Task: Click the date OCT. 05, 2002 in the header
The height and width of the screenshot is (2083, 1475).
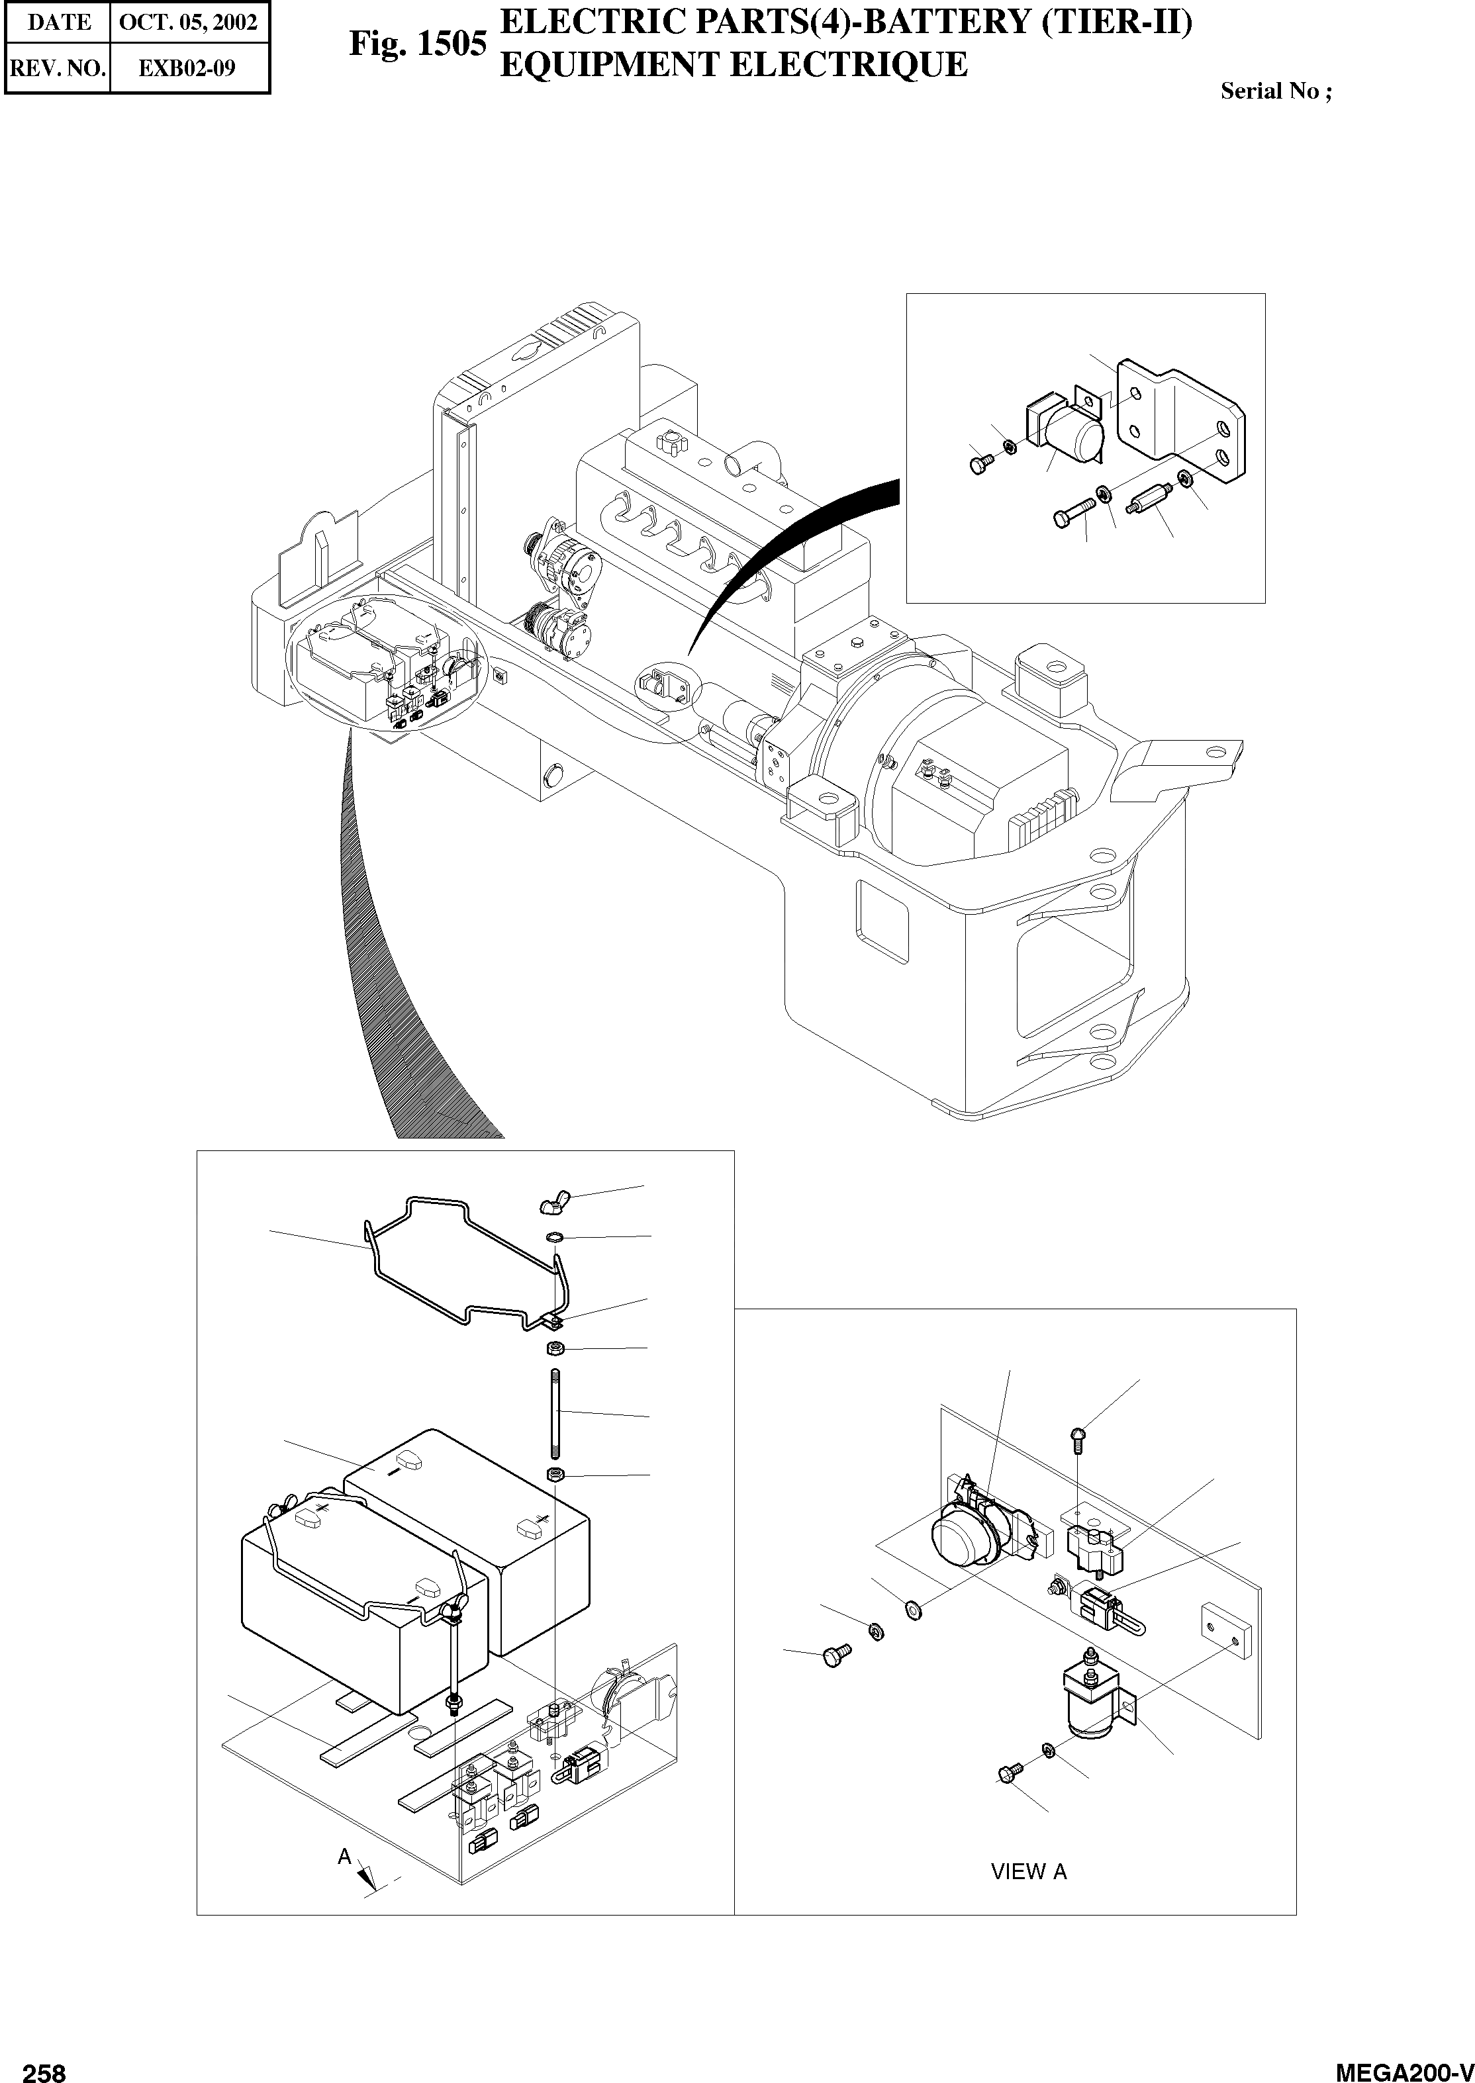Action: tap(189, 23)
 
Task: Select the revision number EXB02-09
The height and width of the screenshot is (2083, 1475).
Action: tap(187, 68)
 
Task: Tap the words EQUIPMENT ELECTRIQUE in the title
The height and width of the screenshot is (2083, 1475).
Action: tap(734, 66)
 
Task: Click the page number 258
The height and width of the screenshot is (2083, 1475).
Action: tap(44, 2066)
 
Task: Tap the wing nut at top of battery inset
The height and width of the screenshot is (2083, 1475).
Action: tap(550, 1205)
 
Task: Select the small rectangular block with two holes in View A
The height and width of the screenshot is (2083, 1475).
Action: tap(1226, 1630)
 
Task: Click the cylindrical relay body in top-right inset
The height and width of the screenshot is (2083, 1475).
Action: tap(1074, 432)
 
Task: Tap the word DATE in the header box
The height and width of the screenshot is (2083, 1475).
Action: tap(59, 23)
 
